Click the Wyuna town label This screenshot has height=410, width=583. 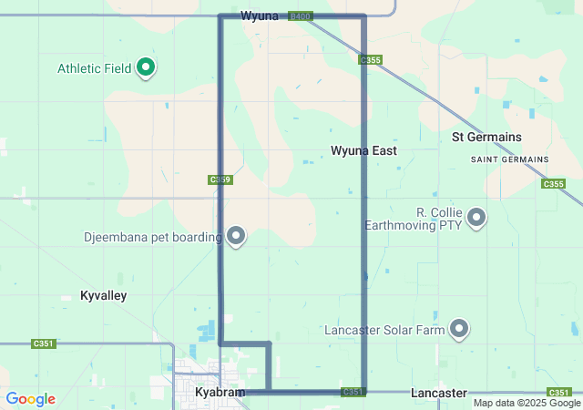(260, 16)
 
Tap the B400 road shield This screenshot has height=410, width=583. (300, 16)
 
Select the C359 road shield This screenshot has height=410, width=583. (220, 180)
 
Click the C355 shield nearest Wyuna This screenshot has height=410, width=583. (369, 60)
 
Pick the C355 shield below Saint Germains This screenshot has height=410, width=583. (553, 184)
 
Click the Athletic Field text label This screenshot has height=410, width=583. (95, 68)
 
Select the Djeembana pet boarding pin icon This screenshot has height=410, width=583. (237, 236)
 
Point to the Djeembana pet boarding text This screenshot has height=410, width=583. (152, 238)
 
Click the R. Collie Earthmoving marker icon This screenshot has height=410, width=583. (476, 217)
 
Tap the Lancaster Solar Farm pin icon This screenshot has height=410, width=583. (459, 328)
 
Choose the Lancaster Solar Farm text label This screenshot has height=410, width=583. (384, 329)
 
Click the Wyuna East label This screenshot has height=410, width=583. (363, 150)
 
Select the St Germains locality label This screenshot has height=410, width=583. (487, 137)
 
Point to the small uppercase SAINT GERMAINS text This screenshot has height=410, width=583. (509, 159)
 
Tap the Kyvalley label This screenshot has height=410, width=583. (104, 296)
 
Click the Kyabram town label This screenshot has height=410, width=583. (220, 393)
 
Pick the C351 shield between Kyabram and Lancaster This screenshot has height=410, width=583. (353, 392)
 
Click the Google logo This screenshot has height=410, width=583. (30, 399)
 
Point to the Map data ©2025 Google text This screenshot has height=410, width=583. (527, 403)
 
